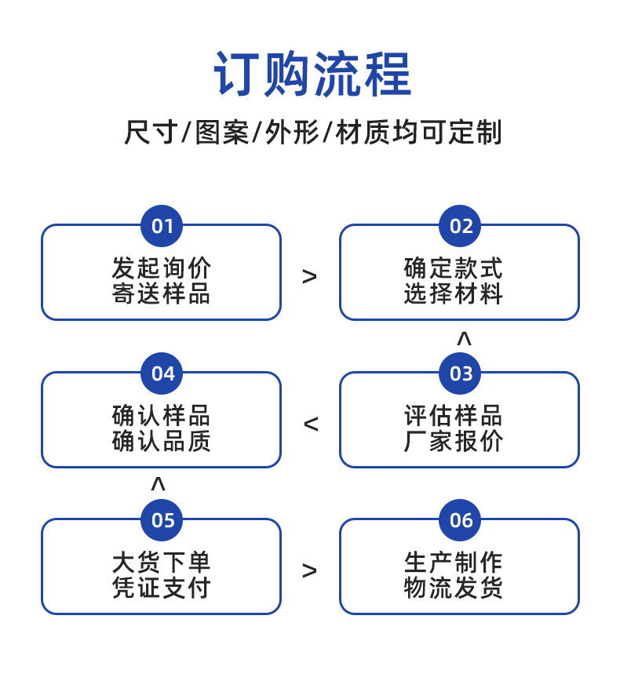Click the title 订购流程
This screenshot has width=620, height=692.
point(312,74)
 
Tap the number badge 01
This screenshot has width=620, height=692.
point(162,227)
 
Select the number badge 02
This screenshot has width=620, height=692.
point(461,227)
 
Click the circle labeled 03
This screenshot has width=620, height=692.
point(461,373)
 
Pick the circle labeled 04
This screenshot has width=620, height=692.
point(162,373)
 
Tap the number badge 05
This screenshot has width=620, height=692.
point(162,520)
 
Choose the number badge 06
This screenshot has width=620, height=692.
point(461,520)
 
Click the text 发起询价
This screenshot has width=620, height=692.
point(161,268)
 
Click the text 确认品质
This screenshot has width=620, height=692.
point(161,441)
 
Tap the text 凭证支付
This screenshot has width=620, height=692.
point(161,588)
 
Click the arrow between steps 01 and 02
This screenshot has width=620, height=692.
point(310,276)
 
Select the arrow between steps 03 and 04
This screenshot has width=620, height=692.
point(311,424)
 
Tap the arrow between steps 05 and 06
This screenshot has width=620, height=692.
point(310,570)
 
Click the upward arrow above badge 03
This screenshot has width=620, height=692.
point(464,339)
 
